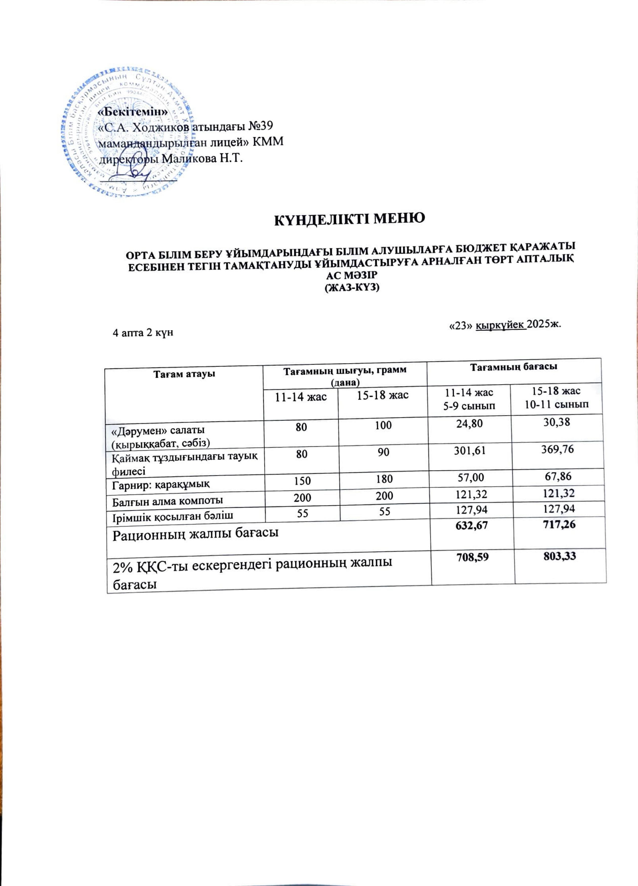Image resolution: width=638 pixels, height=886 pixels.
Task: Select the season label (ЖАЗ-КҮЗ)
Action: pyautogui.click(x=352, y=288)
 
